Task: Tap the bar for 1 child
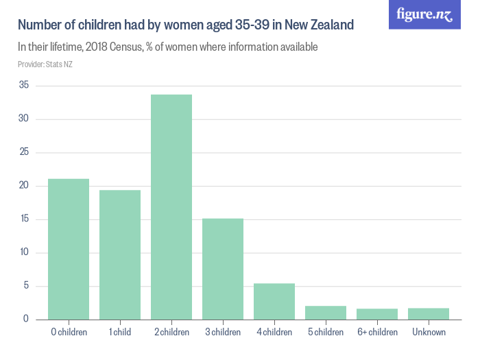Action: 120,254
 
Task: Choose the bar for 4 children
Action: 274,302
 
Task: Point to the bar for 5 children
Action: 326,313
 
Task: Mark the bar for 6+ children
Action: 377,314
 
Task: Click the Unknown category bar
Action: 429,314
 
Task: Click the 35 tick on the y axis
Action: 24,86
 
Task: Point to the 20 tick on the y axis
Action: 24,186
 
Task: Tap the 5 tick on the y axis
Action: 26,286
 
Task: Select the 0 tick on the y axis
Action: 26,320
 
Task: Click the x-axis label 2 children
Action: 171,333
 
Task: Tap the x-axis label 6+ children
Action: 377,333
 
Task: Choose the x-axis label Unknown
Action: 429,333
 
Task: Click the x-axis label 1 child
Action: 120,333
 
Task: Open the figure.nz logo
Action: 424,14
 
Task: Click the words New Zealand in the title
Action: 319,26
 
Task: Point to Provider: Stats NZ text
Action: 45,64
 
